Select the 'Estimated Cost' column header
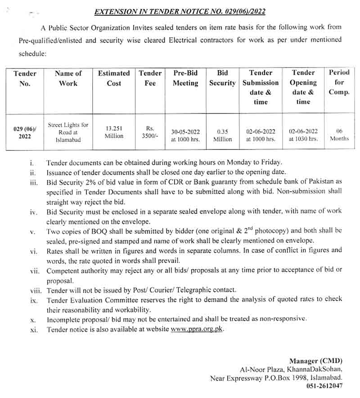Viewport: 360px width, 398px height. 114,78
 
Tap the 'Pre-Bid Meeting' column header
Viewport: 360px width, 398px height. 185,78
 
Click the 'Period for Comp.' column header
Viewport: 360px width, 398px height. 339,82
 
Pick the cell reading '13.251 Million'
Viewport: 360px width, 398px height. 114,132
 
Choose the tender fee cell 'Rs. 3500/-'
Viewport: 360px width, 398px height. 150,132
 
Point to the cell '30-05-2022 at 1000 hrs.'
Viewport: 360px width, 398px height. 185,136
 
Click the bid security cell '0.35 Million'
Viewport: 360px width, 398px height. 222,136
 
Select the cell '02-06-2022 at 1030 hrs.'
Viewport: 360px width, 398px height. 303,135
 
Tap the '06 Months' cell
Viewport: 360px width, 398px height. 339,135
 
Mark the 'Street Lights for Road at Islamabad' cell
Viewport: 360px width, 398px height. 68,132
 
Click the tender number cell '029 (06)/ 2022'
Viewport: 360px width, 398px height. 25,132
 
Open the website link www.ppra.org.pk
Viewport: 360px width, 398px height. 197,329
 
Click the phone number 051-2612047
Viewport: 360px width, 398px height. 325,386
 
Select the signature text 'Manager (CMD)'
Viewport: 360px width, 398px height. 315,361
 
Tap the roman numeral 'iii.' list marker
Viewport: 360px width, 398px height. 34,181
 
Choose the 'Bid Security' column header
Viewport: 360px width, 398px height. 222,78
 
